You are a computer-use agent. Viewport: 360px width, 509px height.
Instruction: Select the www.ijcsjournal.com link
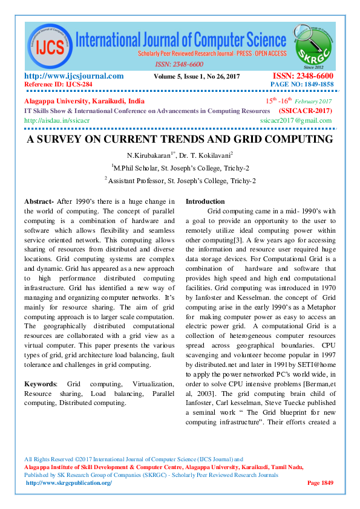coord(74,76)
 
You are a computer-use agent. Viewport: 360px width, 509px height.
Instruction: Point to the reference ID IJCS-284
coord(58,84)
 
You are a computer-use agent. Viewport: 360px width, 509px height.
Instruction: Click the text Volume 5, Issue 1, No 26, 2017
coord(197,76)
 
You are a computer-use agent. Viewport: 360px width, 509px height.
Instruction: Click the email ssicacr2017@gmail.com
coord(296,120)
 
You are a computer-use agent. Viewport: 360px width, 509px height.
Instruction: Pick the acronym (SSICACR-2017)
coord(305,111)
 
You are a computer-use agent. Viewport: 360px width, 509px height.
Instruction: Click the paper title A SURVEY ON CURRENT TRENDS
coord(179,140)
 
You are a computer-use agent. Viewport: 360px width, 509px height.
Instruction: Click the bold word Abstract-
coord(39,201)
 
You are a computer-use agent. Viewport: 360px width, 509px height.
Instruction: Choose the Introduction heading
coord(205,201)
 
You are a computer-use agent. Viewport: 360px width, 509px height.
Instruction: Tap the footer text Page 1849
coord(321,482)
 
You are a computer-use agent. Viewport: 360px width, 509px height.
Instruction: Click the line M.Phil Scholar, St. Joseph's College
coord(180,167)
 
